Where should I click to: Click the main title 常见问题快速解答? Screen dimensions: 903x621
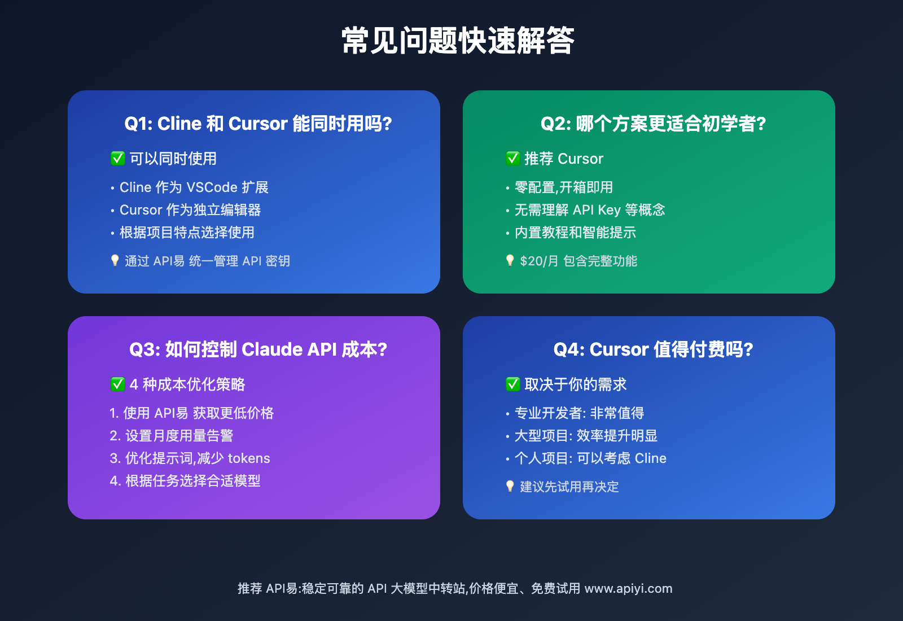[x=458, y=40]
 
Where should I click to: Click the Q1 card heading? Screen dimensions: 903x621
[x=258, y=124]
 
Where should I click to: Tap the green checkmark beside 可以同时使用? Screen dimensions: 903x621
[x=118, y=158]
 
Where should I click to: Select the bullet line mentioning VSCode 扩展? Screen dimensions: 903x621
[x=190, y=187]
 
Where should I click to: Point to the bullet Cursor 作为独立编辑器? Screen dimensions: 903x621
[x=186, y=210]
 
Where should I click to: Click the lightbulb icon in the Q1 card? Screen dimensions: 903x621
[x=115, y=260]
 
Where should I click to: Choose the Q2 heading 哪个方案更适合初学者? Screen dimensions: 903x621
[x=653, y=124]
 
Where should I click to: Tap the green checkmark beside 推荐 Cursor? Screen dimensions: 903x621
[x=513, y=158]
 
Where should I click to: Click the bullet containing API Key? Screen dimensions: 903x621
[x=585, y=210]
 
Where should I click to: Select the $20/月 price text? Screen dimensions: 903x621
[x=539, y=261]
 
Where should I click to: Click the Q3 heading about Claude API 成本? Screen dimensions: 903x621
[x=258, y=349]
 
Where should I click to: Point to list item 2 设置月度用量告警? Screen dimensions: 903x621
[x=172, y=436]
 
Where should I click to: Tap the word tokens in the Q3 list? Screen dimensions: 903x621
[x=249, y=458]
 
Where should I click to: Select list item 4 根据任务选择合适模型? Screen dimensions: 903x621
[x=185, y=481]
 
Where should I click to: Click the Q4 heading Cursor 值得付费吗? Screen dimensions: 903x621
[x=653, y=349]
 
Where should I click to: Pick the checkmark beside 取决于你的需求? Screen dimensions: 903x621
[x=513, y=384]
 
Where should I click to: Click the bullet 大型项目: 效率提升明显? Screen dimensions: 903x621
[x=582, y=436]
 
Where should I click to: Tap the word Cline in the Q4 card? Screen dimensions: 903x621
[x=650, y=458]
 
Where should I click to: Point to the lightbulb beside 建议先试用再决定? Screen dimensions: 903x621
[x=510, y=486]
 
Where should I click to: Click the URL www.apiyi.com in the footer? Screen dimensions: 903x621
[x=629, y=589]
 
